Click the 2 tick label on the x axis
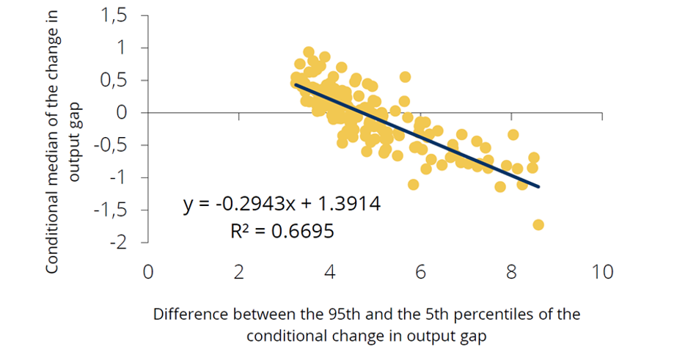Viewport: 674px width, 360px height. (239, 272)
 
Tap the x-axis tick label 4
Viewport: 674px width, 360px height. (330, 272)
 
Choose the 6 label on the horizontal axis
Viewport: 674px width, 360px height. (421, 272)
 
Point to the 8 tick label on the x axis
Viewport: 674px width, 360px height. (511, 272)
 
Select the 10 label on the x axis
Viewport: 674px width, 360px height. (602, 272)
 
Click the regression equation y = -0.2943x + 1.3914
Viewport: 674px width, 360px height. (282, 204)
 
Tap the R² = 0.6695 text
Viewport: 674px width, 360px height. (282, 231)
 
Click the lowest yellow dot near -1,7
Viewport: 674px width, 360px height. (538, 224)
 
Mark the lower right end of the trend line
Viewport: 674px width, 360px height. (539, 187)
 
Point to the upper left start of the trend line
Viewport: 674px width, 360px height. (296, 84)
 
